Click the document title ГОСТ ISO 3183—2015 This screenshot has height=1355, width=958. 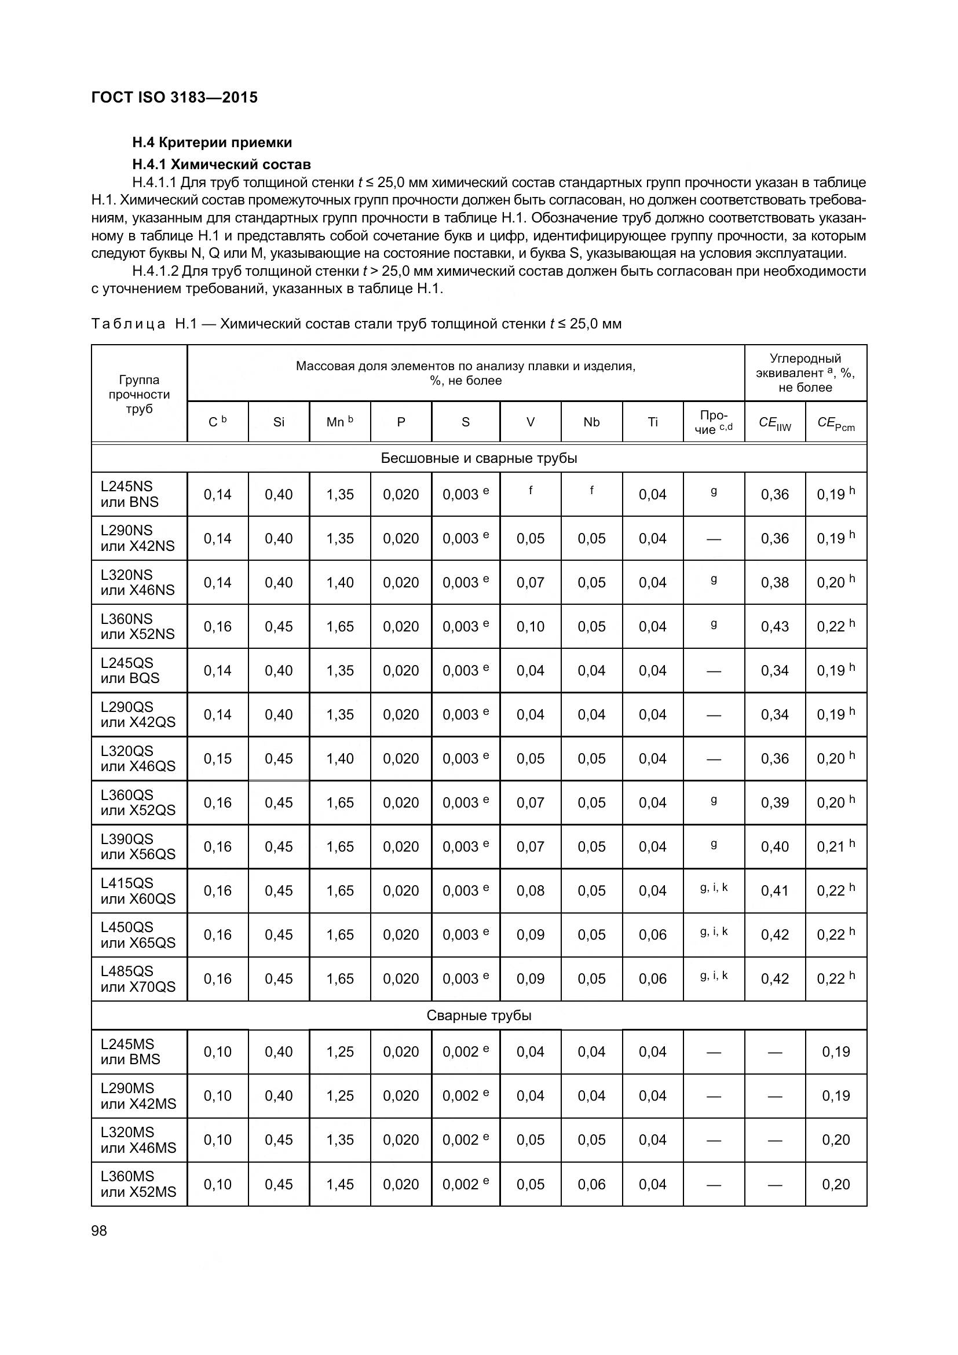coord(174,97)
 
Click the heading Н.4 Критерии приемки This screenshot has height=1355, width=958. coord(212,143)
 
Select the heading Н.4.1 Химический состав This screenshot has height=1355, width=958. coord(221,164)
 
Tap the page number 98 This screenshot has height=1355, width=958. coord(99,1230)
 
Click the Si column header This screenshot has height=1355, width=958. coord(279,422)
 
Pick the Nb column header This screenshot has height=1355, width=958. coord(591,422)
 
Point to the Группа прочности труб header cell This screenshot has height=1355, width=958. coord(138,393)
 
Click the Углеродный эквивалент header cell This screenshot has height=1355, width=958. coord(805,373)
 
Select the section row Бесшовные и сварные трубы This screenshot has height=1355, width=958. coord(478,458)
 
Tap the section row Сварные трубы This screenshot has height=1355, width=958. coord(478,1015)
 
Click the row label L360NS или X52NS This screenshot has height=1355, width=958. coord(137,626)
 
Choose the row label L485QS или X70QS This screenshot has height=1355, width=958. coord(137,978)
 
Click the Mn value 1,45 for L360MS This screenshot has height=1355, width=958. coord(340,1185)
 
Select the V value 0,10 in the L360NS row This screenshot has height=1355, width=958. coord(531,626)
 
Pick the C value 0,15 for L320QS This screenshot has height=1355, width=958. coord(217,758)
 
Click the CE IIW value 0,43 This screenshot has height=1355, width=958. coord(774,626)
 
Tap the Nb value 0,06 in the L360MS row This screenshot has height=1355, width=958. coord(591,1185)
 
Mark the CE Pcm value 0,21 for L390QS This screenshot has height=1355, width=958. coord(835,846)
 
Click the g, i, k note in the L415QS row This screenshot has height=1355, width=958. coord(714,887)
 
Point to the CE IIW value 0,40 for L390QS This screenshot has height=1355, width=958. coord(774,846)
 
